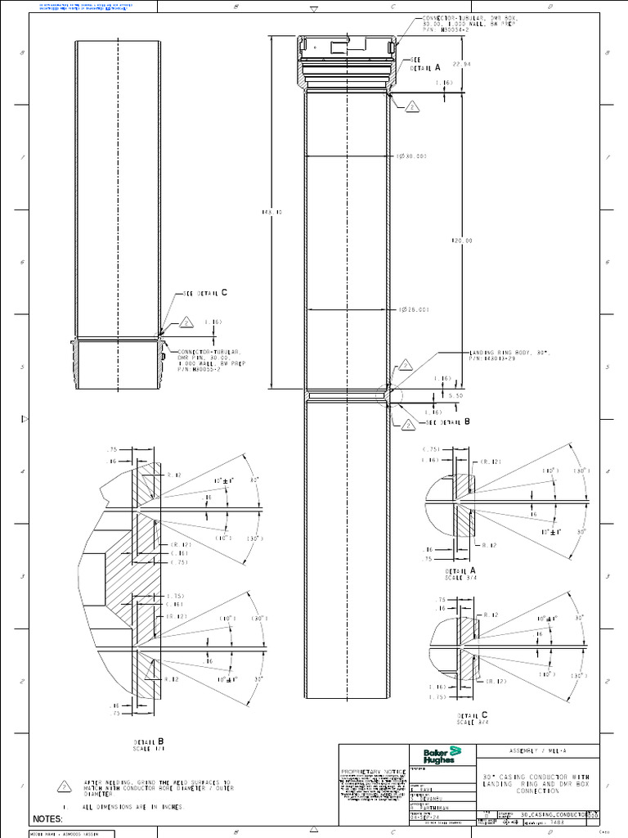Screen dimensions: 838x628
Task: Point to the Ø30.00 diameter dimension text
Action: (413, 155)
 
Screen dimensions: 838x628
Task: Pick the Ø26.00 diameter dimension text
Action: (415, 309)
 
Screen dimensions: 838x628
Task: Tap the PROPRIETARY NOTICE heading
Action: (372, 772)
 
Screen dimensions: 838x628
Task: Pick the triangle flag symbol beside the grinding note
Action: (63, 786)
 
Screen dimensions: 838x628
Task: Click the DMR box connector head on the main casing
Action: (348, 61)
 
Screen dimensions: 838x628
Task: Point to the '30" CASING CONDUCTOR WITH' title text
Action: (536, 776)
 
